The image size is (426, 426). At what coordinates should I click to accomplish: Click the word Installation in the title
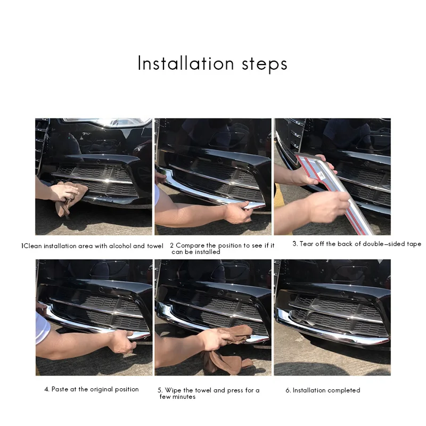pyautogui.click(x=186, y=63)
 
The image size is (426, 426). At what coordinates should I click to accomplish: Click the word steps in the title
pyautogui.click(x=265, y=64)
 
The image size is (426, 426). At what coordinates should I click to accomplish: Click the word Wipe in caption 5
pyautogui.click(x=173, y=390)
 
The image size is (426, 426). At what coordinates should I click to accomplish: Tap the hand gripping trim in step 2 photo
pyautogui.click(x=238, y=212)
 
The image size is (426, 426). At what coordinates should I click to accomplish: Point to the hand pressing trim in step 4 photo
pyautogui.click(x=122, y=342)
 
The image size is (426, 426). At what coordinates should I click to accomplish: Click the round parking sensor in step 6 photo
pyautogui.click(x=342, y=294)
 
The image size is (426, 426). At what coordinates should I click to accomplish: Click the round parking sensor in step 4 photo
pyautogui.click(x=101, y=289)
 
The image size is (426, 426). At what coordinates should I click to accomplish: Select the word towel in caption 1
pyautogui.click(x=155, y=246)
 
